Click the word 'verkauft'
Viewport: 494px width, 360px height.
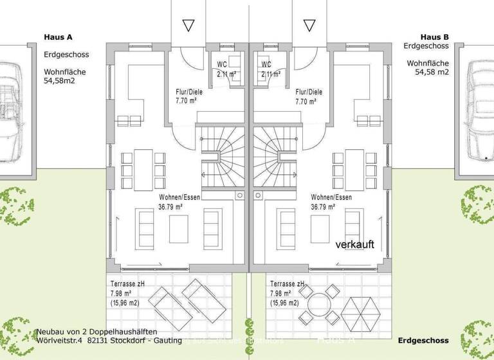pos(354,244)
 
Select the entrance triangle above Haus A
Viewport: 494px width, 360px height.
pos(188,25)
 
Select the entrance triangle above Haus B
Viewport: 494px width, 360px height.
pos(310,25)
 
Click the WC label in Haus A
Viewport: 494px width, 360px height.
pos(222,65)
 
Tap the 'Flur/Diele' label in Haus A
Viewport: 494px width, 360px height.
pos(189,91)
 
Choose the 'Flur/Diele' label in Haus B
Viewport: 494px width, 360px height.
pos(309,91)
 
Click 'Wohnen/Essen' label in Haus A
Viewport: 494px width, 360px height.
pos(179,197)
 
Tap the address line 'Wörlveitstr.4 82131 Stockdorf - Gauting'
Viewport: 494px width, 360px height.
pos(109,340)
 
